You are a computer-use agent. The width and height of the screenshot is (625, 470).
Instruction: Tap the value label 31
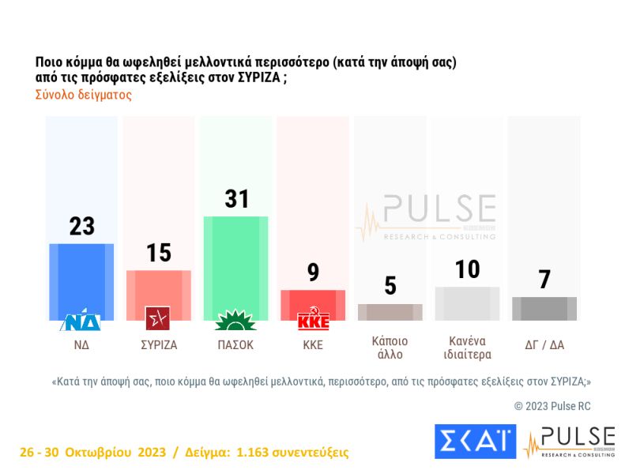tap(236, 199)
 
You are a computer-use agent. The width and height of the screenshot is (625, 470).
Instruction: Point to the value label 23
tap(81, 227)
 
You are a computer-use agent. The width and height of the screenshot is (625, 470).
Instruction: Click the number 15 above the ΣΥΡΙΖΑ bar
tap(159, 253)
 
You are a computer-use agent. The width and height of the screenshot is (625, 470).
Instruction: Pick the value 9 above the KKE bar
tap(313, 273)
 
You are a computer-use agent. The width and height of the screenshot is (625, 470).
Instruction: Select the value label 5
tap(390, 286)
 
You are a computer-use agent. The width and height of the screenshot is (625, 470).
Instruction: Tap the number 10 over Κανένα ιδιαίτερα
tap(468, 269)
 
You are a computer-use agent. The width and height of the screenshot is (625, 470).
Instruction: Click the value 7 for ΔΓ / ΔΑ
tap(544, 280)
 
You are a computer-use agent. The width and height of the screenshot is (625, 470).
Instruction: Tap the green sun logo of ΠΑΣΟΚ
tap(236, 320)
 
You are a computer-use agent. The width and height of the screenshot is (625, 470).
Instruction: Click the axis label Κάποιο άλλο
tap(390, 348)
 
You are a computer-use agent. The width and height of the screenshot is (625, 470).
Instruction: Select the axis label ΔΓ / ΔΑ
tap(544, 344)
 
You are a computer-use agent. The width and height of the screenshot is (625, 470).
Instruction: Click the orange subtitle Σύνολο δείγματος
tap(83, 95)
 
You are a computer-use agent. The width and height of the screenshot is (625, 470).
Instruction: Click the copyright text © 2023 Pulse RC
tap(552, 405)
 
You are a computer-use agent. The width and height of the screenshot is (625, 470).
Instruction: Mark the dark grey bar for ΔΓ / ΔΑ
tap(544, 309)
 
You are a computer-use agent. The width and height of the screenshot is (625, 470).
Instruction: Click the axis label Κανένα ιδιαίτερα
tap(468, 348)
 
